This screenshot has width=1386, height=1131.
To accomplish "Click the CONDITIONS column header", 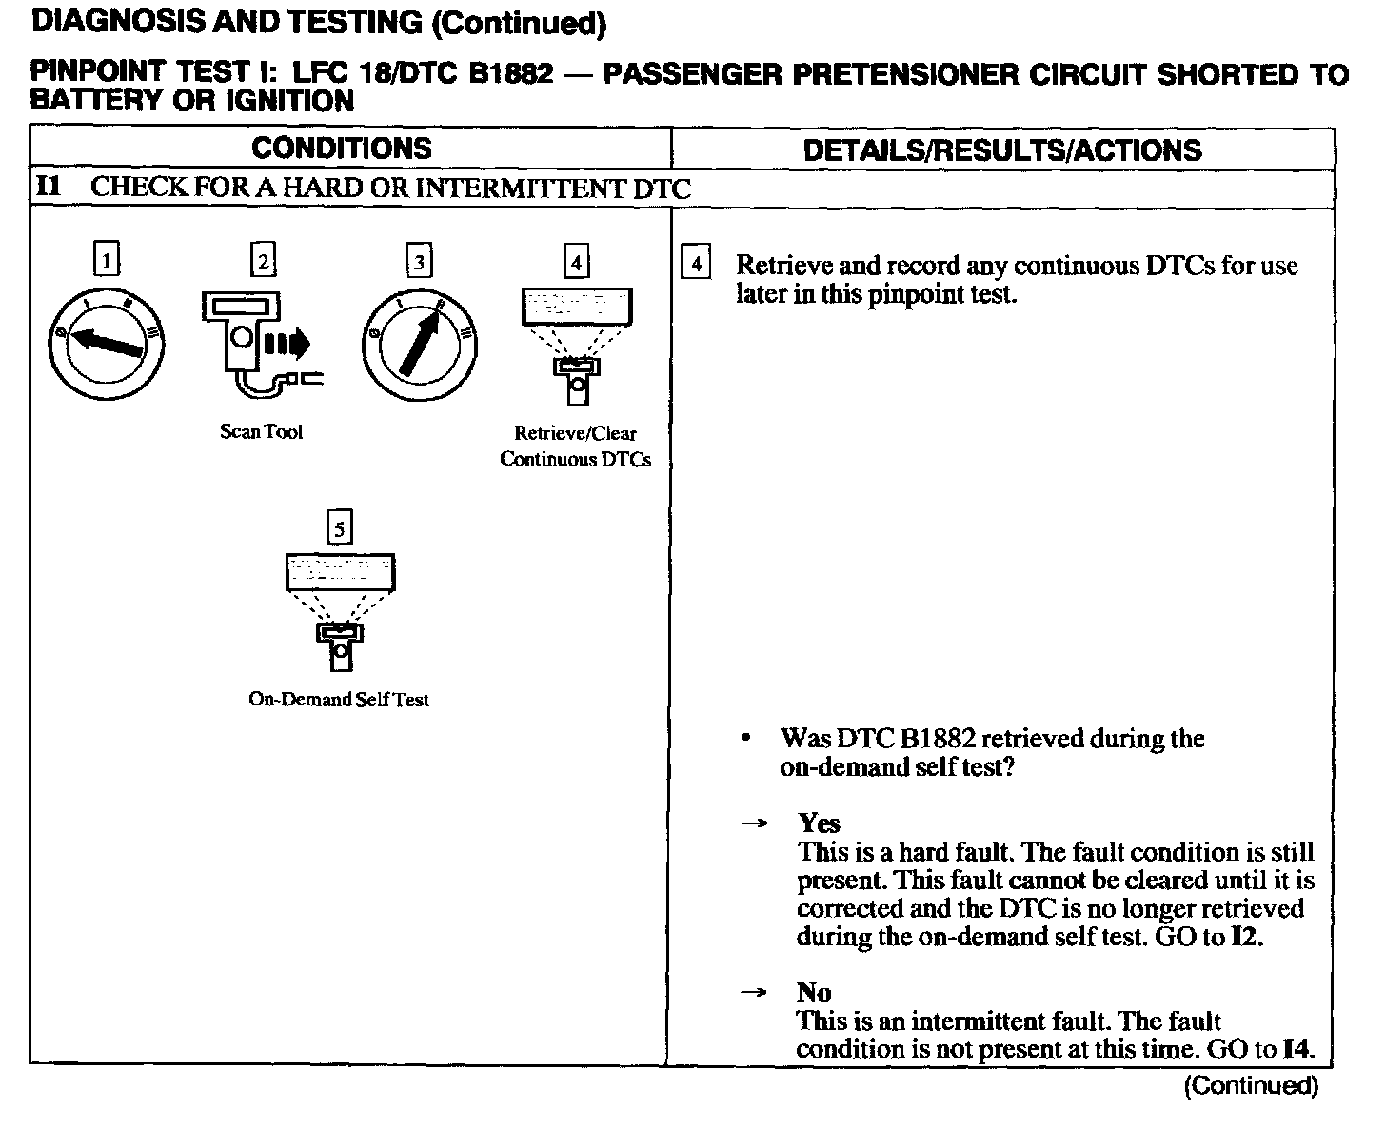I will pyautogui.click(x=341, y=149).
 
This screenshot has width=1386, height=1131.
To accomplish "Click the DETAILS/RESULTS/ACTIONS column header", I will pyautogui.click(x=1001, y=150).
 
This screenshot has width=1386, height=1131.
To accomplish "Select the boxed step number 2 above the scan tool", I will pyautogui.click(x=263, y=259).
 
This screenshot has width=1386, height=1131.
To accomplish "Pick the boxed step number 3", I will pyautogui.click(x=419, y=260).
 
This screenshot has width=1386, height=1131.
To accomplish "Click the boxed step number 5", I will pyautogui.click(x=339, y=526).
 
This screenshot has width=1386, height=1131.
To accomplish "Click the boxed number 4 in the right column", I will pyautogui.click(x=696, y=263).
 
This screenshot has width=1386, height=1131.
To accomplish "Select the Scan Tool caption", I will pyautogui.click(x=261, y=432).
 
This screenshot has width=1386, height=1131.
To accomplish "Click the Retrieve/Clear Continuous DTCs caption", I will pyautogui.click(x=575, y=446).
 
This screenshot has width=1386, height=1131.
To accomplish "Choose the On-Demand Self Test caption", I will pyautogui.click(x=339, y=700).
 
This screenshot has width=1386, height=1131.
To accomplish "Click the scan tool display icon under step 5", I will pyautogui.click(x=340, y=608).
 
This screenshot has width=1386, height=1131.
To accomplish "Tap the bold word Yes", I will pyautogui.click(x=819, y=823).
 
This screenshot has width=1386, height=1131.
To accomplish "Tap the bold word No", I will pyautogui.click(x=814, y=993).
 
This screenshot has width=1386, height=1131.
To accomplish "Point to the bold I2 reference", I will pyautogui.click(x=1245, y=937).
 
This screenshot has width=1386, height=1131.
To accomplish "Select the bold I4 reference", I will pyautogui.click(x=1297, y=1049).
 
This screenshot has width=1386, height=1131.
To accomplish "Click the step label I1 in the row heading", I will pyautogui.click(x=49, y=187).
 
